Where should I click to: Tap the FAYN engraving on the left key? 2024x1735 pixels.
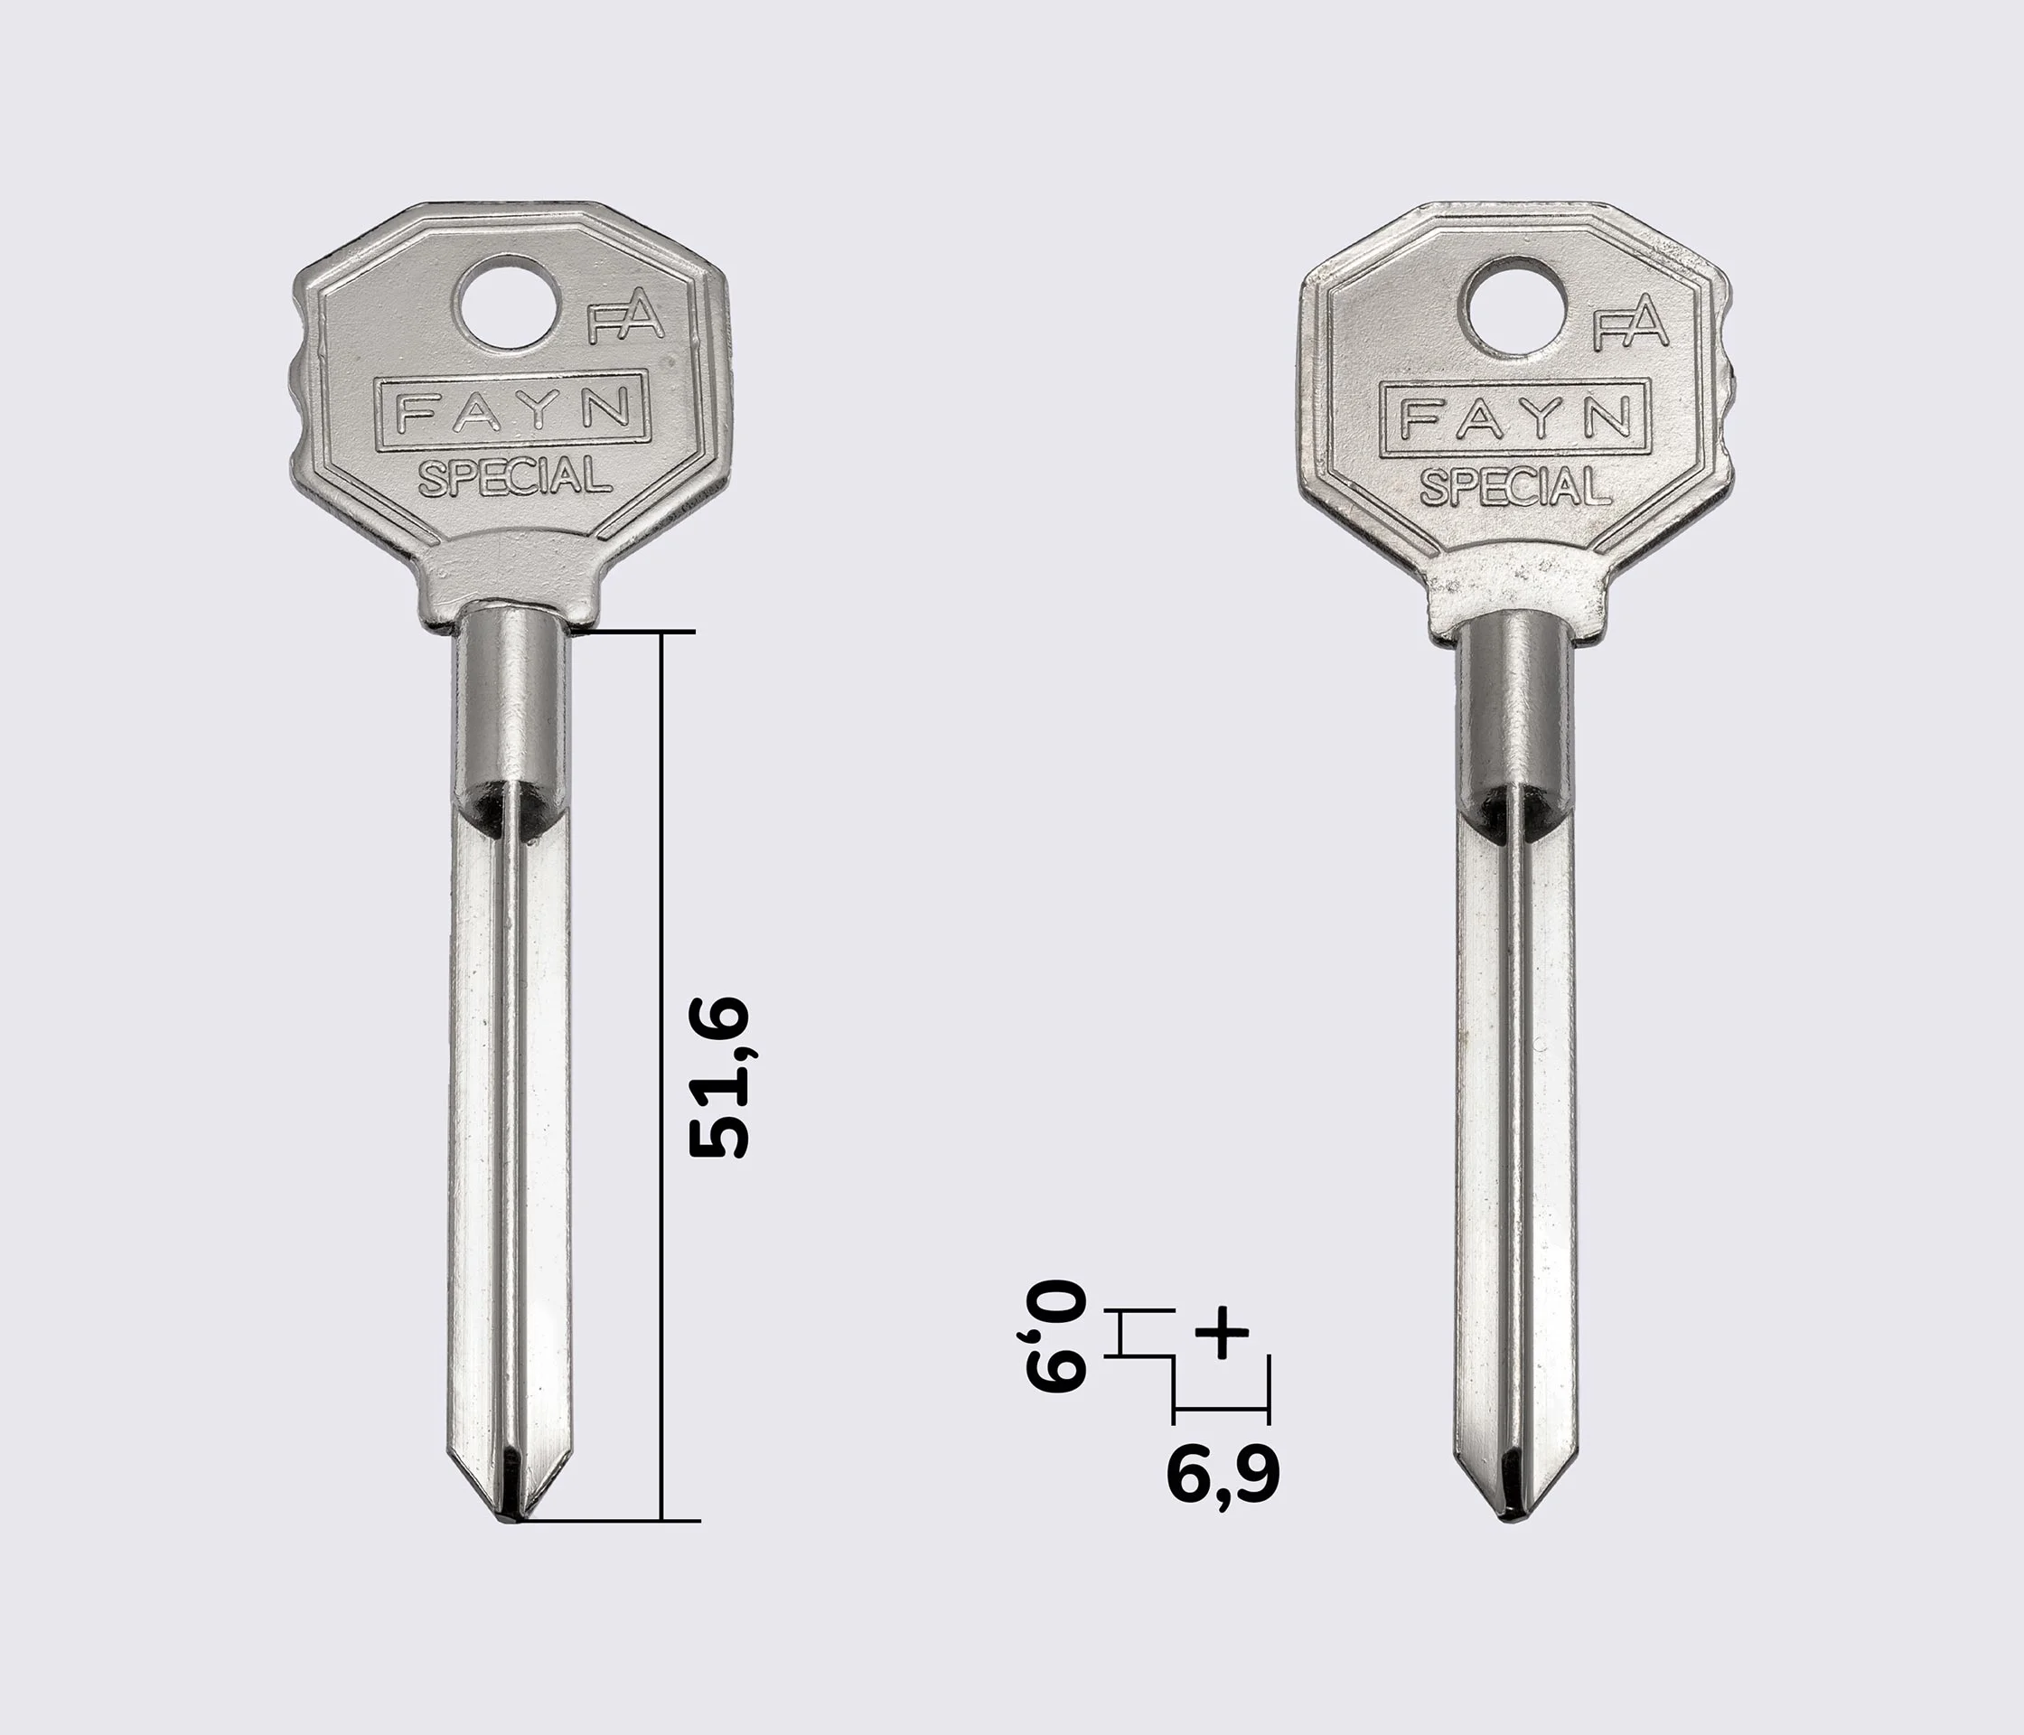(x=511, y=410)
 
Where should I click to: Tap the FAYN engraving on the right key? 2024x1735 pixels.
(x=1515, y=418)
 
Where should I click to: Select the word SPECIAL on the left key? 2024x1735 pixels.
(x=515, y=477)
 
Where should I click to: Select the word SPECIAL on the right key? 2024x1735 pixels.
(x=1515, y=485)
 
